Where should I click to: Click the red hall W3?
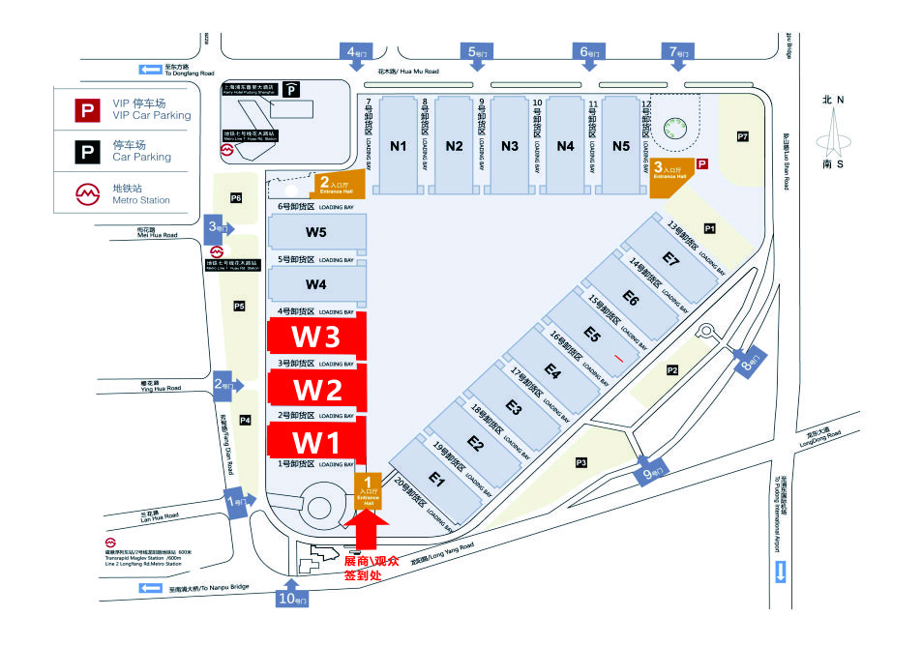(x=317, y=338)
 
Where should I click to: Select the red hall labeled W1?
(x=317, y=443)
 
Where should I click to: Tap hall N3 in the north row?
(x=510, y=146)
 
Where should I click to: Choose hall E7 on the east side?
(x=671, y=258)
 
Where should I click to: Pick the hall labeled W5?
(x=316, y=232)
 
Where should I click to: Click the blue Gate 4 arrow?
(x=356, y=53)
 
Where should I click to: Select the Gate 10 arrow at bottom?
(x=292, y=597)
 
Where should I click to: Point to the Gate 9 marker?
(x=650, y=472)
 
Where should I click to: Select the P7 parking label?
(x=743, y=136)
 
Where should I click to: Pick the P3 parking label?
(x=581, y=462)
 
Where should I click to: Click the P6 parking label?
(x=235, y=198)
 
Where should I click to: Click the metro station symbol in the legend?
(x=88, y=193)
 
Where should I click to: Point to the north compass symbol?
(x=833, y=133)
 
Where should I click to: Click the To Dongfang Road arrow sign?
(x=152, y=69)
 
